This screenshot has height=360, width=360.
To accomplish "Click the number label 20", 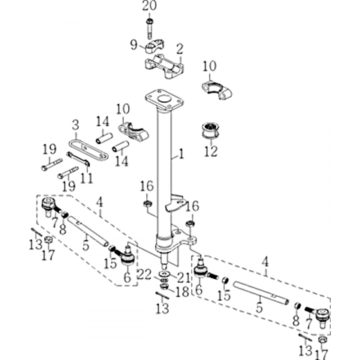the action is [149, 6].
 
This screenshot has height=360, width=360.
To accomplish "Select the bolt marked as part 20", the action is [150, 28].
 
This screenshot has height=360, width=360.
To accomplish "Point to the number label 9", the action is [134, 45].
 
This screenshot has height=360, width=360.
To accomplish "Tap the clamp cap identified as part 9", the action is [152, 48].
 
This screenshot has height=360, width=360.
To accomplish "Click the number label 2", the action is [179, 49].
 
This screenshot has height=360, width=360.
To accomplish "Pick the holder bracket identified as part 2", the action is [163, 66].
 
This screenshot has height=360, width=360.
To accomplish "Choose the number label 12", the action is [211, 151].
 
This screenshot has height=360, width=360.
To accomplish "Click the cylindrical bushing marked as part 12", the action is [211, 130].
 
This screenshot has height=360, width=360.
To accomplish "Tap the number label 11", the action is [87, 178].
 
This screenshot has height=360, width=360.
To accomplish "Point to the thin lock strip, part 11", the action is [78, 158].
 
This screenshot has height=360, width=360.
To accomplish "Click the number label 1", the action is [181, 154].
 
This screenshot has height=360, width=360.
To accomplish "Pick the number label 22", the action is [145, 275].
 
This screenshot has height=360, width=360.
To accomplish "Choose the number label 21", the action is [184, 277].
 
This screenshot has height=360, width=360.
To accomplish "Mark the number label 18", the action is [182, 292].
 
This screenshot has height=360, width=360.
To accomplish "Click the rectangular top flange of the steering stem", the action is [164, 100].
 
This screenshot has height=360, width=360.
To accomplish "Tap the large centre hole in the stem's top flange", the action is [164, 98].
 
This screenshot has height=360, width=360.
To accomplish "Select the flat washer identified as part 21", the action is [164, 273].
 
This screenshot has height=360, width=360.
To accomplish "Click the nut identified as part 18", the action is [164, 286].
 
